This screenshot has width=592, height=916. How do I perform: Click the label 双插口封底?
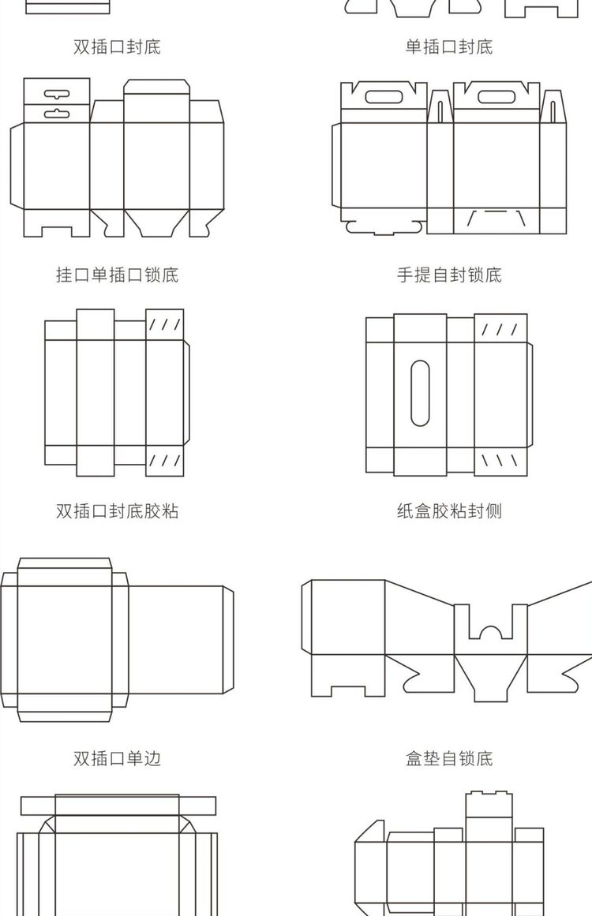[117, 47]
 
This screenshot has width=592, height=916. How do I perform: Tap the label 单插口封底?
[449, 47]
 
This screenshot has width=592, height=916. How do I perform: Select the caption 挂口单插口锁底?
[117, 275]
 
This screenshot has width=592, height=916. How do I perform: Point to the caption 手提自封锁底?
[449, 275]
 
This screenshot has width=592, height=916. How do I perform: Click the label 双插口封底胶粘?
[117, 511]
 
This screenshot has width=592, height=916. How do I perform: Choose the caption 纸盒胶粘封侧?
[449, 511]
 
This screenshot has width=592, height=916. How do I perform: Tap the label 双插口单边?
[117, 759]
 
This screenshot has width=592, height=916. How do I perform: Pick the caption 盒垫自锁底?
[449, 759]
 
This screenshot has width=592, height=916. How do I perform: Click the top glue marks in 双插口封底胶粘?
[165, 324]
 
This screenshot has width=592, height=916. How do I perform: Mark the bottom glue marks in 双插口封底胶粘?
[165, 460]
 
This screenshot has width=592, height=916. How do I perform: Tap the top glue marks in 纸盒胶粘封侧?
[500, 328]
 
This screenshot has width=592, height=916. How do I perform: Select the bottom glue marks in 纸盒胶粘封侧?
[500, 459]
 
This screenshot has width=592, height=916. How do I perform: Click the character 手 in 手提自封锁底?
[405, 275]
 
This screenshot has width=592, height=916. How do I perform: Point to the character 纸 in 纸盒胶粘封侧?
[405, 511]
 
